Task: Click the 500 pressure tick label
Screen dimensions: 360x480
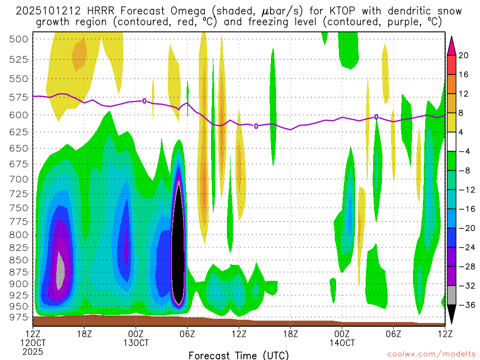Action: click(19, 39)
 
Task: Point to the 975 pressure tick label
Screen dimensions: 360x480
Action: click(19, 317)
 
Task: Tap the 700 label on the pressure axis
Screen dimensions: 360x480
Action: click(19, 179)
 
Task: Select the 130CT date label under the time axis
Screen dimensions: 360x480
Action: click(136, 343)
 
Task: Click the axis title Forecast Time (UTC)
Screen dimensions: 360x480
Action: click(239, 355)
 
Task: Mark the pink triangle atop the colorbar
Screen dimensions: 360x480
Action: click(451, 44)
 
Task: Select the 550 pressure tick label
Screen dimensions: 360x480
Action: click(19, 78)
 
